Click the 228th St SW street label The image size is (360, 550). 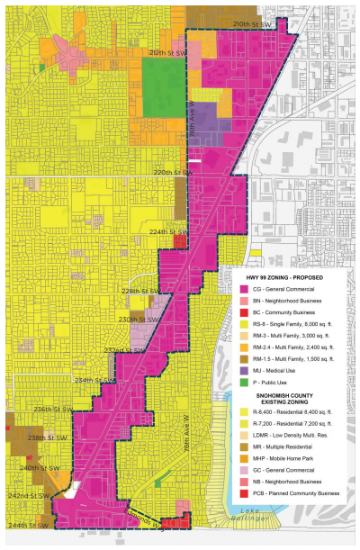(144, 292)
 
